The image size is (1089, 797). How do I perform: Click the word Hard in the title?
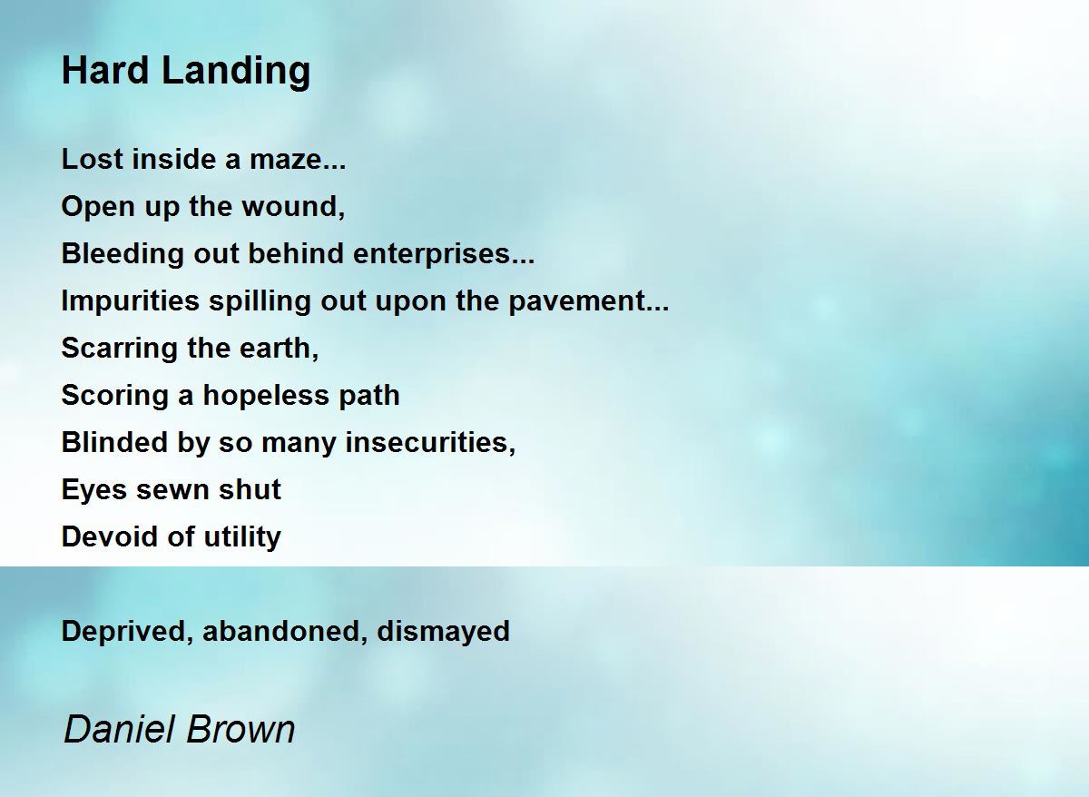[x=105, y=71]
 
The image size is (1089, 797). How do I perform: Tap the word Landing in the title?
[x=236, y=73]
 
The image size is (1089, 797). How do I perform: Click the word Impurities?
[x=131, y=301]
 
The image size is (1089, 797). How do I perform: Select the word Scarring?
[x=120, y=349]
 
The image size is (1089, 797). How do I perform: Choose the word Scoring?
[x=114, y=396]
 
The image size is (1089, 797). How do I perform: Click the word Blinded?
[x=114, y=442]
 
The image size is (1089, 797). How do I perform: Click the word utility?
[x=242, y=537]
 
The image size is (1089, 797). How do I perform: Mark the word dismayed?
[x=444, y=632]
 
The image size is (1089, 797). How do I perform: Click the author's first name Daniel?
[x=120, y=730]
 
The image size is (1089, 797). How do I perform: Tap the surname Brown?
[x=240, y=730]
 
